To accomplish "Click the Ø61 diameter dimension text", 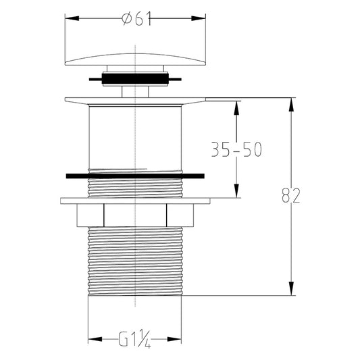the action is point(136,19).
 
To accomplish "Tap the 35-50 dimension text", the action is point(236,149).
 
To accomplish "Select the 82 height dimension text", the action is point(291,196).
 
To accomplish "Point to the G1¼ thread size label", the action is point(134,339).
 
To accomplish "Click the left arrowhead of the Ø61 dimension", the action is point(72,18).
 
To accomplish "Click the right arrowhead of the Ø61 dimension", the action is point(199,18).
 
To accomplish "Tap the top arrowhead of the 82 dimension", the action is point(291,105).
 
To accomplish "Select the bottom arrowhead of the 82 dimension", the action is point(291,288).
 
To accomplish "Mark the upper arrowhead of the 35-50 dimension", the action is point(236,108).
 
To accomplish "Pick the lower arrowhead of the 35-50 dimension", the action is point(236,190).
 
